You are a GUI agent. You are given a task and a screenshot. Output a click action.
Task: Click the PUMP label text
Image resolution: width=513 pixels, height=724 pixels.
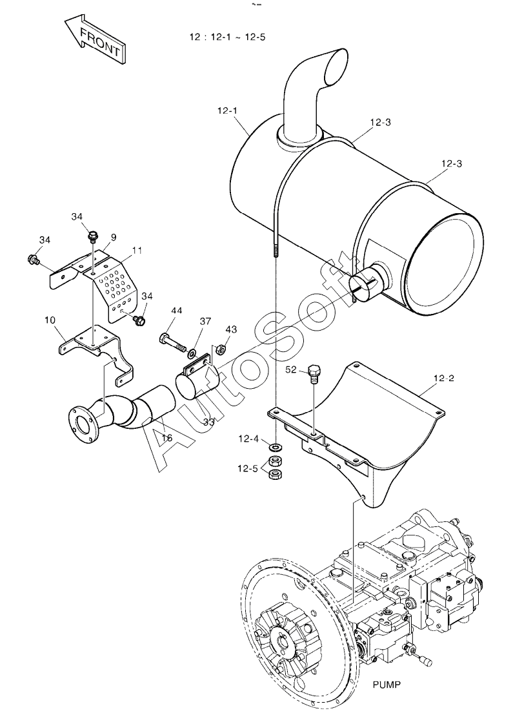(387, 685)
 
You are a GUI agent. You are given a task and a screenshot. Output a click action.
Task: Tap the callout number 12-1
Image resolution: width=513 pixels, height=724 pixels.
(227, 110)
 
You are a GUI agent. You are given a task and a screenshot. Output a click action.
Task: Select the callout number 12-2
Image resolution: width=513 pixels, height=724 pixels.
(444, 378)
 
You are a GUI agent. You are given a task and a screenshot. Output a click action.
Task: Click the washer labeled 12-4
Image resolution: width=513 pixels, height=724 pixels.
(276, 447)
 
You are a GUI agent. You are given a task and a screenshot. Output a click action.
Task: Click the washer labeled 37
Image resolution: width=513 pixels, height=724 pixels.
(191, 354)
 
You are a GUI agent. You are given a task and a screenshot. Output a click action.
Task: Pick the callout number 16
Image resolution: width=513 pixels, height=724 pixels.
(166, 437)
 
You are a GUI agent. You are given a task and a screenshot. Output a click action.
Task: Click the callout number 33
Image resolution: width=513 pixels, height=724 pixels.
(209, 422)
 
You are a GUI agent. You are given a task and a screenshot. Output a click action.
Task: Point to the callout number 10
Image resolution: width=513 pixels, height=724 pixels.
(50, 319)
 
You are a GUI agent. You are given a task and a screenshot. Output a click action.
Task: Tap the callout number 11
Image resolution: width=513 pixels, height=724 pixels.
(137, 250)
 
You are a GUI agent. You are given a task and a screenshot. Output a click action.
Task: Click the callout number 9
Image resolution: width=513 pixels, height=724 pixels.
(114, 237)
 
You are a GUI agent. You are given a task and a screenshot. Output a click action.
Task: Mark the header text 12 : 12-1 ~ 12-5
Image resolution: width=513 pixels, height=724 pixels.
(227, 37)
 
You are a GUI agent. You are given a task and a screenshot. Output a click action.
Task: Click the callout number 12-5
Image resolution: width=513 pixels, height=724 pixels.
(248, 469)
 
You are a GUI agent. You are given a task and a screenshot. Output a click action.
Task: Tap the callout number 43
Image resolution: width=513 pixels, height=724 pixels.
(231, 329)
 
